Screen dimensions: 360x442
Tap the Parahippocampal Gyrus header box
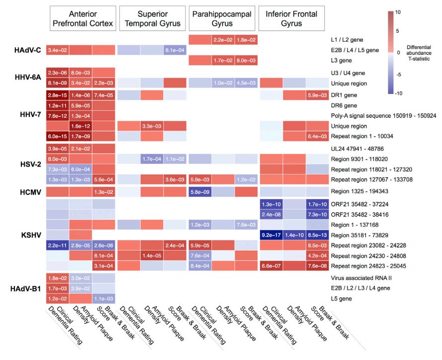pyautogui.click(x=223, y=18)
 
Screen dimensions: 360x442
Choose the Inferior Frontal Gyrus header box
pyautogui.click(x=292, y=18)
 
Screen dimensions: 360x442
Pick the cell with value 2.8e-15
pyautogui.click(x=58, y=94)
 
